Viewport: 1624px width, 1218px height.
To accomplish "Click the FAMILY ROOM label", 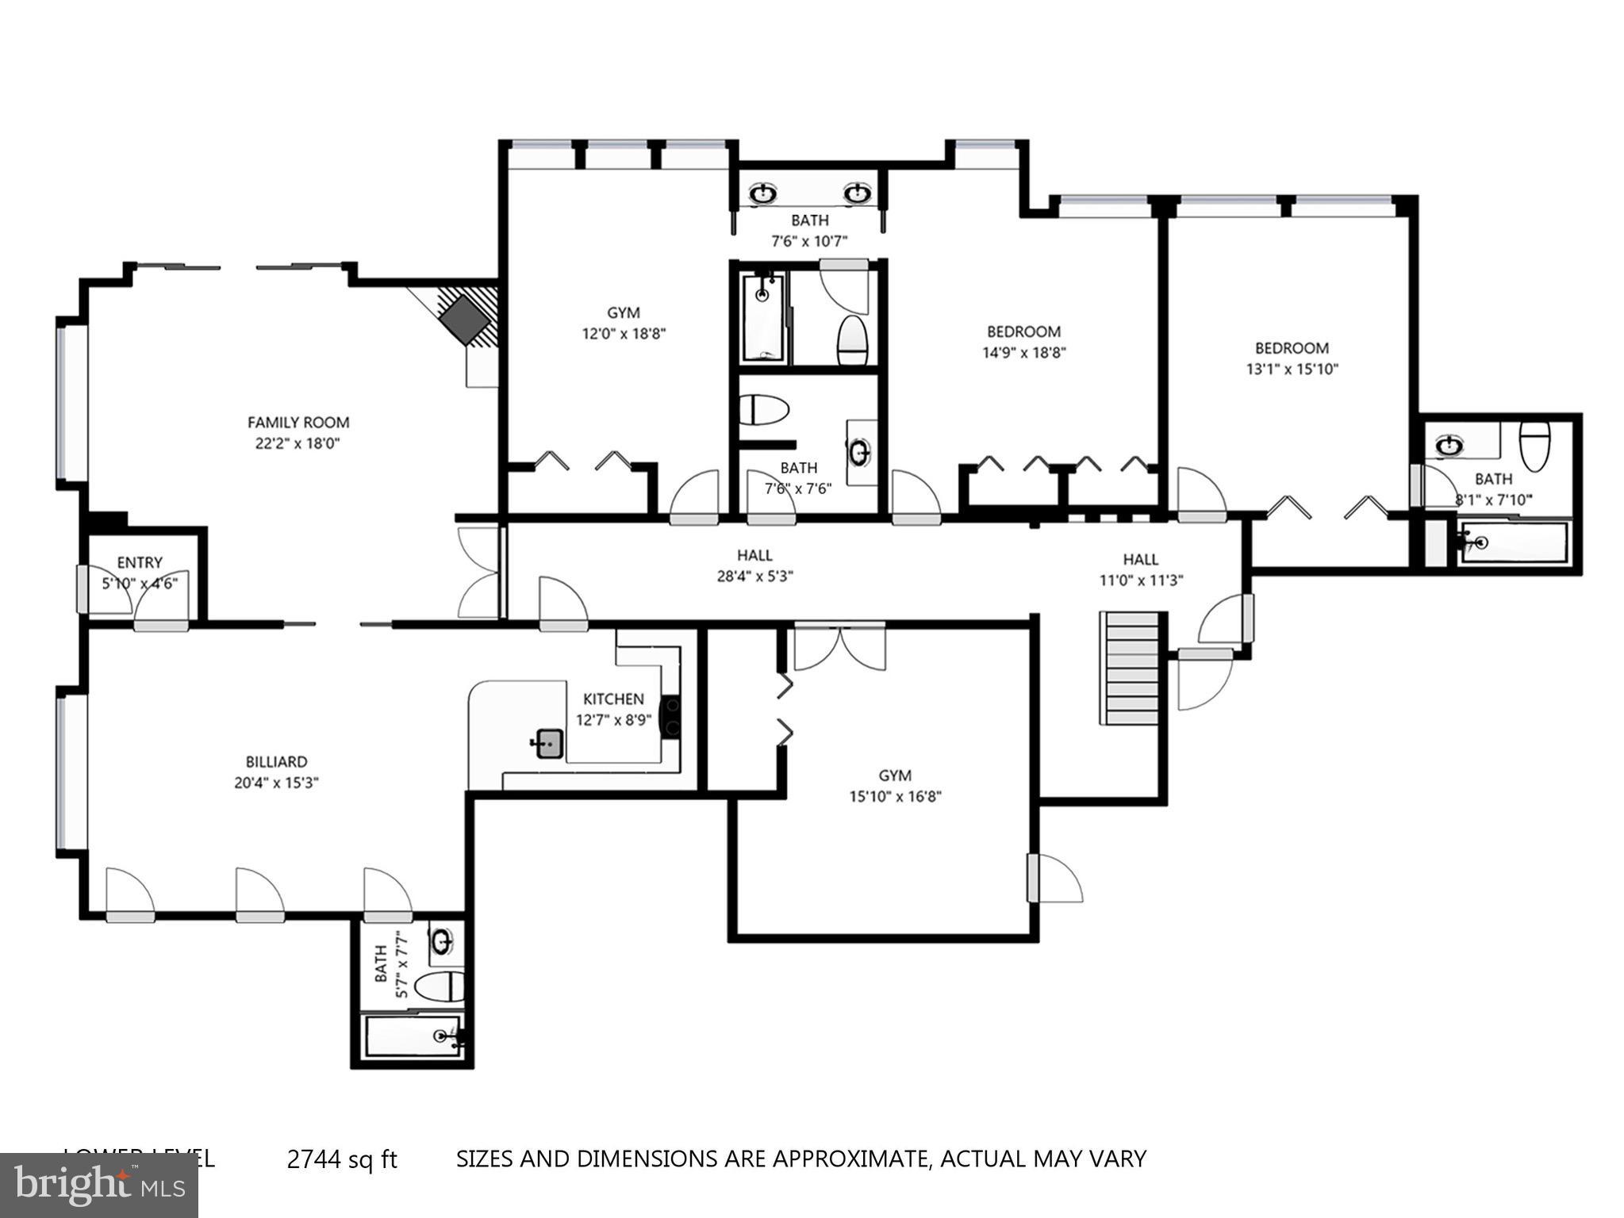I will click(x=298, y=423).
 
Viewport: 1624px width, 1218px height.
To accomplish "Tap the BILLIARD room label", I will click(x=276, y=762).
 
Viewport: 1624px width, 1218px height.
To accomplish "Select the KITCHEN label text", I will click(x=613, y=699).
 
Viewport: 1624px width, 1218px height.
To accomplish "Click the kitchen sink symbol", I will click(x=549, y=744).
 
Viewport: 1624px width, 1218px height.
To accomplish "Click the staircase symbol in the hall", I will click(x=1129, y=668).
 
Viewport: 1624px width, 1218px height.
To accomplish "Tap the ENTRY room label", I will click(x=140, y=562).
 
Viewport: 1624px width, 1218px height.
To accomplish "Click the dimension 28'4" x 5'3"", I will click(x=754, y=576).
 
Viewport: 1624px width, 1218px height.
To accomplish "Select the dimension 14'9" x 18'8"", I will click(x=1023, y=353).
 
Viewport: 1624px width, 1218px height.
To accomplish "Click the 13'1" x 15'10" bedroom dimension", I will click(x=1292, y=369).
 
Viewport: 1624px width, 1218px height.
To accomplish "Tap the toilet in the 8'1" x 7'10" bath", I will click(x=1534, y=446).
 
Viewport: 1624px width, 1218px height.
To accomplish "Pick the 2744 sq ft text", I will click(x=341, y=1159).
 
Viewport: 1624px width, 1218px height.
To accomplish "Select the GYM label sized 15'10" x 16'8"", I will click(x=895, y=776).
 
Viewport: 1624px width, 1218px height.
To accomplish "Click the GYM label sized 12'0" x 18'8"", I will click(x=623, y=312).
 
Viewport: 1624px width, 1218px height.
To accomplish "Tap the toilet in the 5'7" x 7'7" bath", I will click(x=439, y=986).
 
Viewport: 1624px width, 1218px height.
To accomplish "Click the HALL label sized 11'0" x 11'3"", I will click(x=1140, y=559).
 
